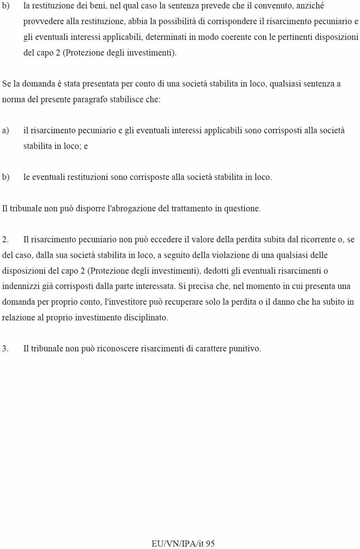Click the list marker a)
[x=6, y=131]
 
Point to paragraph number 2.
[x=5, y=240]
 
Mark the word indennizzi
[x=20, y=287]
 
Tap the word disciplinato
[x=145, y=318]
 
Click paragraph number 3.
[x=5, y=349]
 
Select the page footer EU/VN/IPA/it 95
[x=183, y=544]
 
